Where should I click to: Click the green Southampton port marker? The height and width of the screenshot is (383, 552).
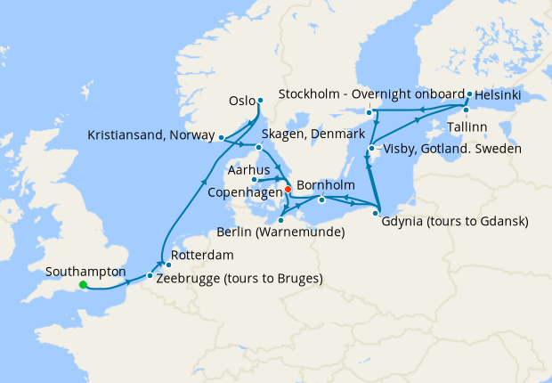82,285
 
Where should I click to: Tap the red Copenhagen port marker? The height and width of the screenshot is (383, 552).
288,190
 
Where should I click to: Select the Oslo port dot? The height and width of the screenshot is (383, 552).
260,100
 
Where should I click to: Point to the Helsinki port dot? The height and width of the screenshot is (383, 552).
469,93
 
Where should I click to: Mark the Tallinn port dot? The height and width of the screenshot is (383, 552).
465,110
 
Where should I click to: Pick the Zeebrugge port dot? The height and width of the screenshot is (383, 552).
149,276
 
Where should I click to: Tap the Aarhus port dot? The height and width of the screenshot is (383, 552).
255,179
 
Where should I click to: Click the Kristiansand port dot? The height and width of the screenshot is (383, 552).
221,137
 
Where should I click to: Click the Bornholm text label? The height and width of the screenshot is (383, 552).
326,185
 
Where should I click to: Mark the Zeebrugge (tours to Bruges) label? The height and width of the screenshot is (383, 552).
239,278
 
